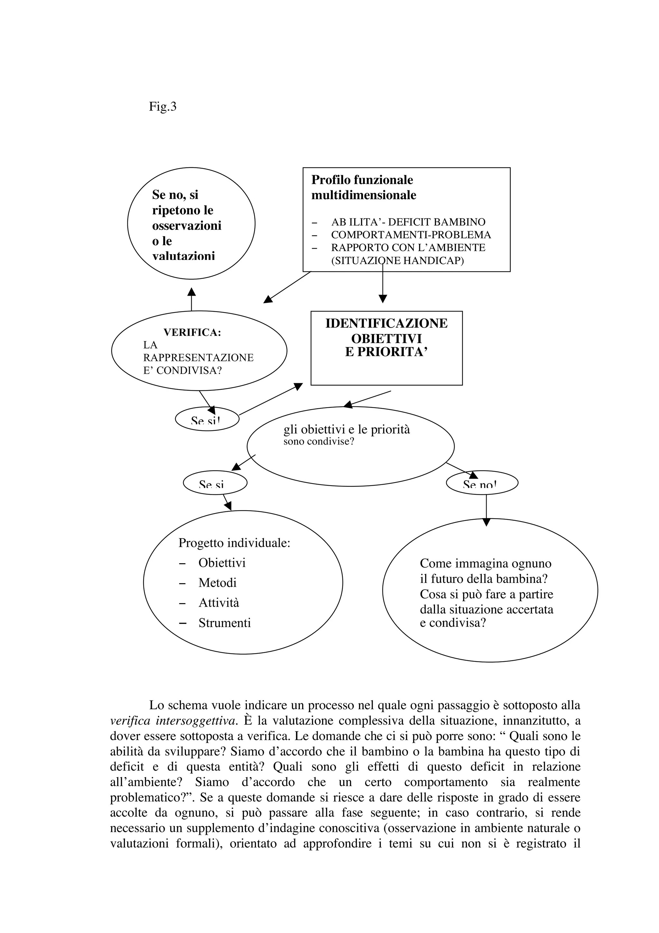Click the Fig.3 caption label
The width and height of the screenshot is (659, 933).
point(162,107)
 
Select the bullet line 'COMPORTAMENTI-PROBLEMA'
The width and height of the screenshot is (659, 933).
point(411,235)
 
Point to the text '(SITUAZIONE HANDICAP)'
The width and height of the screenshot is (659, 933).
point(397,261)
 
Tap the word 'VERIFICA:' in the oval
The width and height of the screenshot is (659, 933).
point(192,332)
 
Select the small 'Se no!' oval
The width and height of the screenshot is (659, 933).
point(482,483)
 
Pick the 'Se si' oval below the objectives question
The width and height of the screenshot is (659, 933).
point(215,483)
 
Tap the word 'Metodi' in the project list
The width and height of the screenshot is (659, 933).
point(217,583)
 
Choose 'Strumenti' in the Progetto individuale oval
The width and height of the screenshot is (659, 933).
point(225,623)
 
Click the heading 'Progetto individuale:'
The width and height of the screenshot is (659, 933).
point(234,543)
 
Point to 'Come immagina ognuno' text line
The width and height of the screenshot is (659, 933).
point(485,564)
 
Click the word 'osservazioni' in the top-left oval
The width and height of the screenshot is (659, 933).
point(186,225)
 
